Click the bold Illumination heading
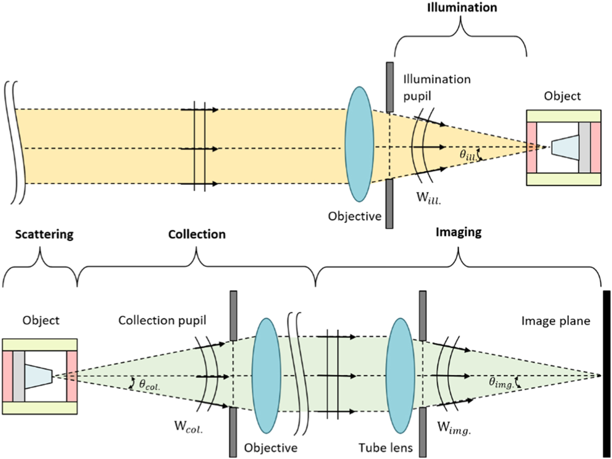click(x=462, y=8)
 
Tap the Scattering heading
click(x=44, y=235)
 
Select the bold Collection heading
click(x=197, y=235)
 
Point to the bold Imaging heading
click(x=458, y=232)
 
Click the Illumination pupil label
click(x=437, y=87)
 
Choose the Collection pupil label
click(x=162, y=321)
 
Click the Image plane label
click(x=555, y=321)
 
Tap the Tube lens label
click(x=386, y=448)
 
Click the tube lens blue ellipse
click(x=400, y=375)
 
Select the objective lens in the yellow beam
click(x=359, y=144)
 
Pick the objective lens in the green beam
click(x=266, y=375)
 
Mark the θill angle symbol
click(x=468, y=154)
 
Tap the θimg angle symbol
click(x=501, y=383)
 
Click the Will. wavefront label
click(x=428, y=198)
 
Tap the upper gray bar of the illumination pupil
click(x=390, y=87)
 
